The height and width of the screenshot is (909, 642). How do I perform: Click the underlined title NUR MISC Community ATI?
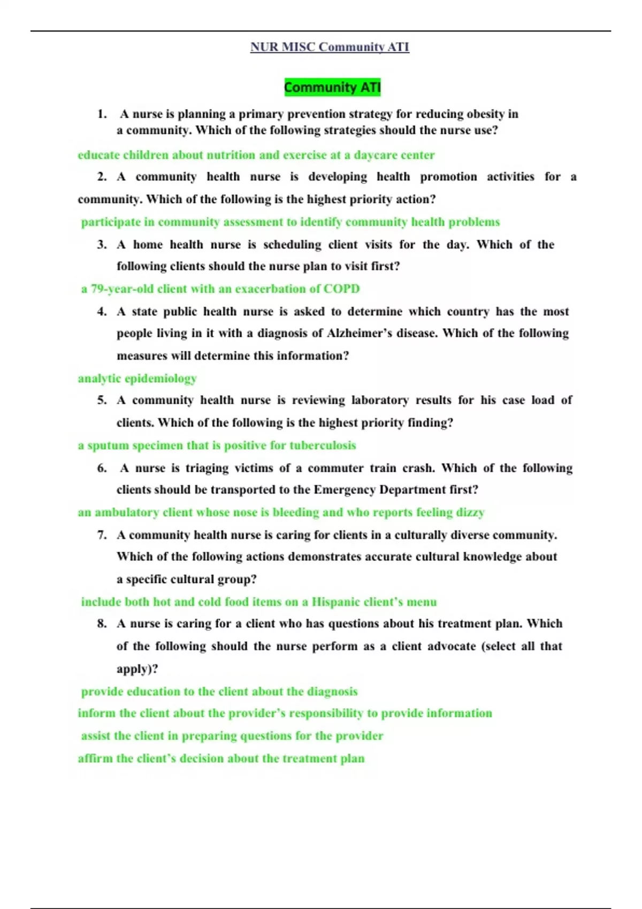click(x=330, y=47)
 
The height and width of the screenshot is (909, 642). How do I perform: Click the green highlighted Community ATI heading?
click(x=332, y=87)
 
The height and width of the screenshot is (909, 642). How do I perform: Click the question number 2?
click(x=102, y=177)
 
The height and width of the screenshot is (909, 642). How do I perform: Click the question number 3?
click(x=102, y=245)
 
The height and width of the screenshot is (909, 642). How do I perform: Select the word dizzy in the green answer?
click(x=470, y=512)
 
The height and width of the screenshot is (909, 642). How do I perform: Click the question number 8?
click(x=102, y=623)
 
